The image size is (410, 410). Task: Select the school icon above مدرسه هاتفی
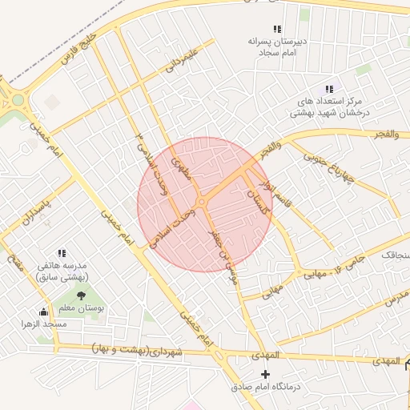(x=62, y=254)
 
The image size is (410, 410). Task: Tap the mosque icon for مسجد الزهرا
(x=43, y=312)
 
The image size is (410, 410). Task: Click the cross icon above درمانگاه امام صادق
(x=266, y=374)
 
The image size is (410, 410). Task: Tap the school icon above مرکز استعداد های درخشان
(x=328, y=89)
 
